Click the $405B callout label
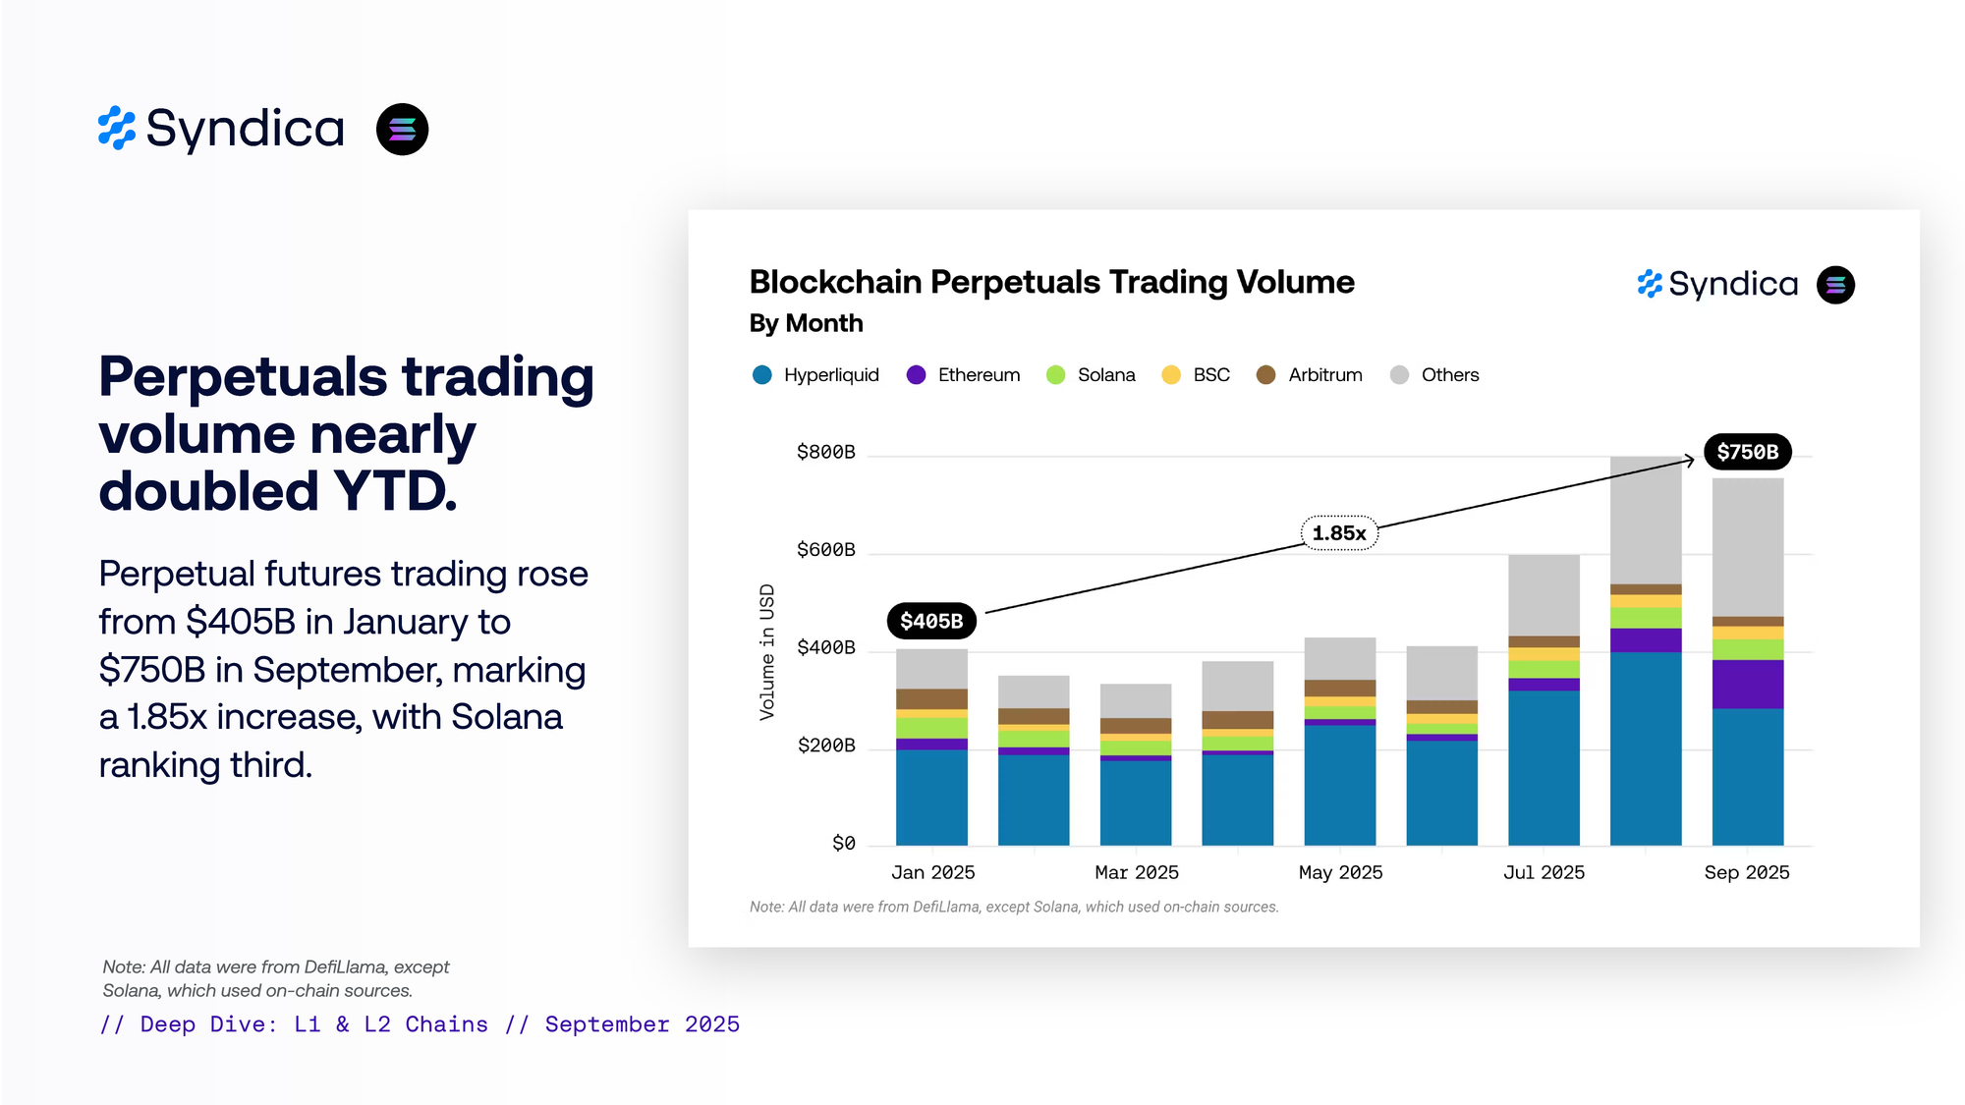pos(931,621)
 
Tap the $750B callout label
pos(1747,452)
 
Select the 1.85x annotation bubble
pos(1339,533)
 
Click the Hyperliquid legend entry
pos(815,375)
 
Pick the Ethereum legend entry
pos(963,375)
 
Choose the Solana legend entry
pos(1091,375)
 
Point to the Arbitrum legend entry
pos(1310,375)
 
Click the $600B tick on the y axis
pos(825,550)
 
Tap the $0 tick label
pos(843,844)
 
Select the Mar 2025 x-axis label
pos(1137,872)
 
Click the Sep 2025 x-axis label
pos(1747,872)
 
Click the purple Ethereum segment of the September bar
pos(1748,684)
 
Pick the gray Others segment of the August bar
pos(1646,521)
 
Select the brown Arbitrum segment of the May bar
pos(1340,688)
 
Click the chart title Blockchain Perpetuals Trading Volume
pos(1051,283)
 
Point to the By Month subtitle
pos(806,323)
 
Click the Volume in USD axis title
pos(767,652)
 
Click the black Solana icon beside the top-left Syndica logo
pos(402,130)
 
